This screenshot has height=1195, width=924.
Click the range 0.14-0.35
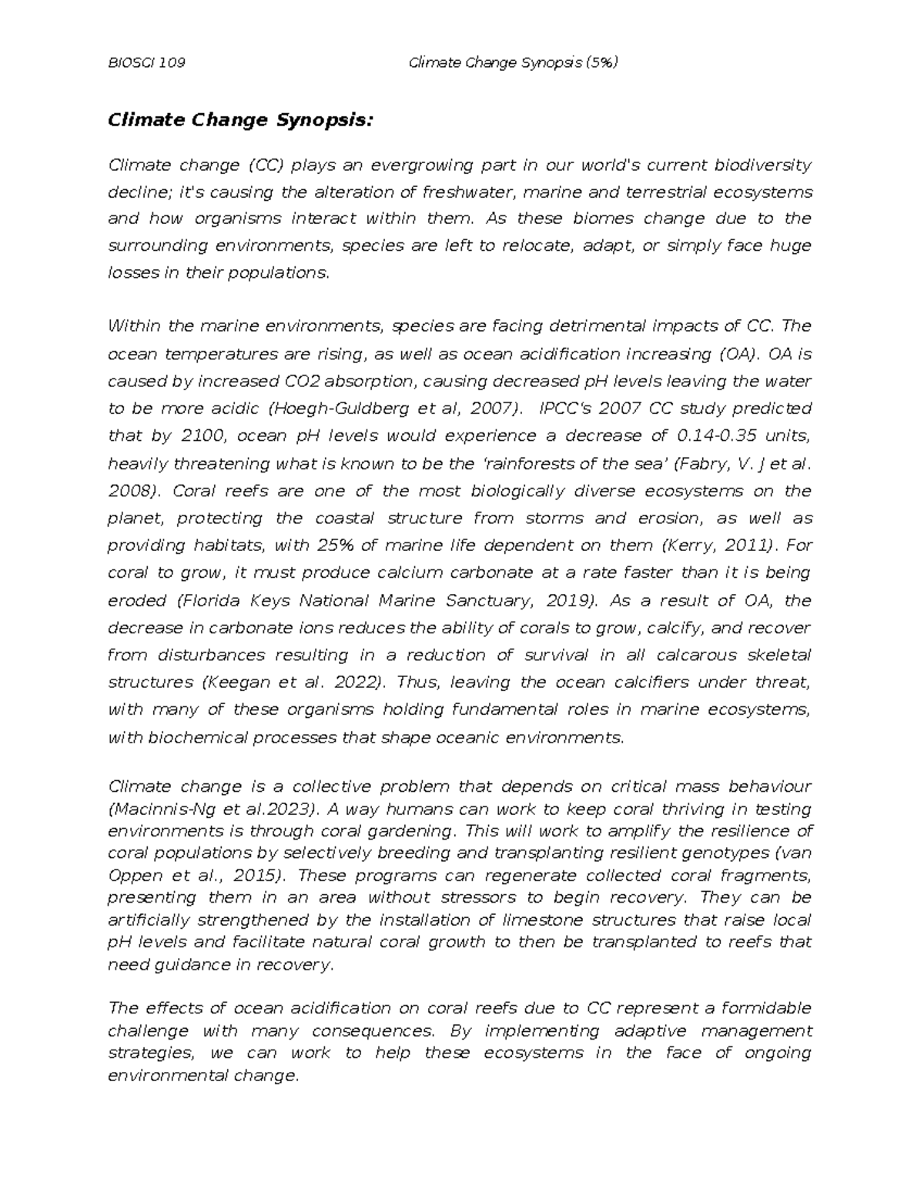pos(721,436)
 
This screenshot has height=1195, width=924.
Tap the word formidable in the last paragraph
pos(769,1008)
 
